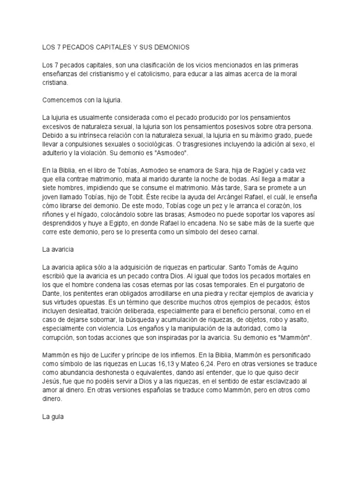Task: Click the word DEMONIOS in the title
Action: pos(169,47)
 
